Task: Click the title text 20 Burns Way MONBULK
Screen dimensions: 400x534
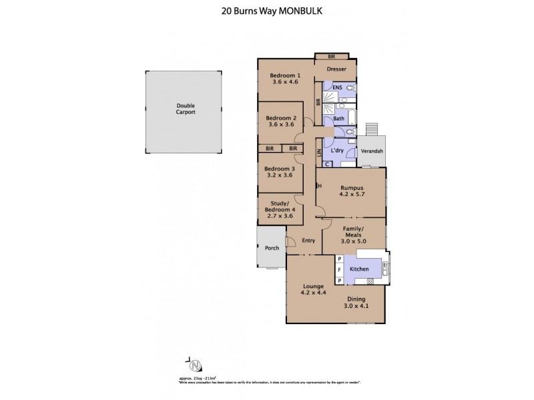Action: pos(267,11)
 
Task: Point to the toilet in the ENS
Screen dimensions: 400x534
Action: pos(350,88)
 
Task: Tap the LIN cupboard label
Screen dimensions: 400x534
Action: pos(318,155)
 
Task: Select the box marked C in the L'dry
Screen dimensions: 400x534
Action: pos(327,163)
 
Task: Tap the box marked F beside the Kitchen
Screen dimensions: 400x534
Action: pos(339,269)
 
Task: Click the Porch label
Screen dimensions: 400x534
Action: pos(272,248)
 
